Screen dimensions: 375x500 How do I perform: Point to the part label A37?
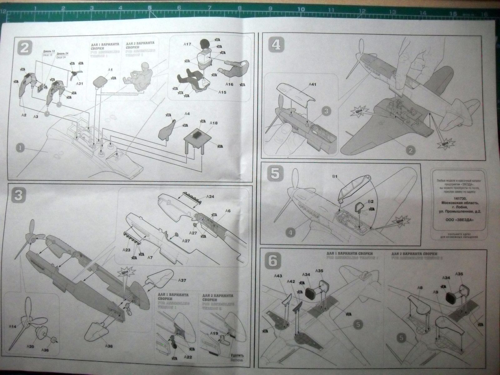[182, 280]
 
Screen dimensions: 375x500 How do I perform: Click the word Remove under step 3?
[236, 369]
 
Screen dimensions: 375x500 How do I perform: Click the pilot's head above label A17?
[205, 44]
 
